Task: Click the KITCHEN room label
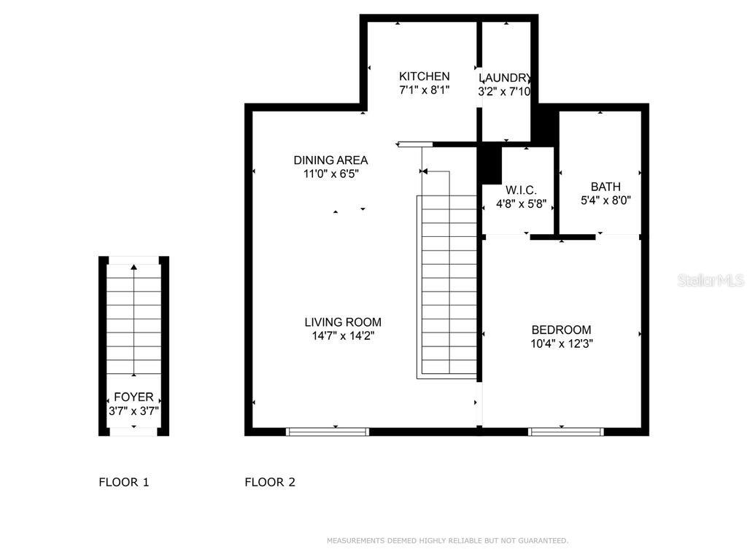coord(424,77)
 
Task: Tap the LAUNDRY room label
coord(504,78)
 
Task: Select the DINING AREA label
coord(330,160)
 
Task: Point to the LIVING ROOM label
coord(343,322)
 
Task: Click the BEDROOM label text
coord(561,330)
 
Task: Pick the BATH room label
coord(605,187)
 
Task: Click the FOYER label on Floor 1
coord(133,397)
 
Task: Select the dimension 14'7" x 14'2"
coord(343,336)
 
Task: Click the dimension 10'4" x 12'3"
coord(561,343)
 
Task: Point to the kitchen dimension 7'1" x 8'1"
coord(424,90)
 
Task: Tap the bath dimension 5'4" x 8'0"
coord(605,200)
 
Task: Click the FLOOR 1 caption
coord(124,482)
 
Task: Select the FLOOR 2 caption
coord(270,482)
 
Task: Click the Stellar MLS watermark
coord(710,281)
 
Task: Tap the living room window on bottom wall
coord(328,432)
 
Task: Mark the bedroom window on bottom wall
coord(566,432)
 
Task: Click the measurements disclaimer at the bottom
coord(447,541)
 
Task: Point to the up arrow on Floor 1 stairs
coord(133,268)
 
